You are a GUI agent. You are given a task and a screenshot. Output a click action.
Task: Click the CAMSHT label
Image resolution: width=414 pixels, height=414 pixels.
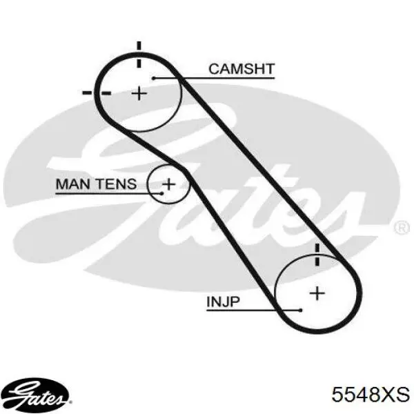[x=241, y=69]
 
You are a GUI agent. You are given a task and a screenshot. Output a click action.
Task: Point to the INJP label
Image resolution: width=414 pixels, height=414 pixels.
[x=223, y=302]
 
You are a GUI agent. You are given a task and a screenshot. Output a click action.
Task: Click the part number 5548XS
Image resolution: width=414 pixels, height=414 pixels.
[x=371, y=395]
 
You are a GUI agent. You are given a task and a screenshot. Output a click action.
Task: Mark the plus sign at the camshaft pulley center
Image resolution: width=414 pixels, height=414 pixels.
[x=139, y=93]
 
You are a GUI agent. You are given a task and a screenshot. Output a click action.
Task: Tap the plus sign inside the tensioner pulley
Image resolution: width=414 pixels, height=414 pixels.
[x=168, y=184]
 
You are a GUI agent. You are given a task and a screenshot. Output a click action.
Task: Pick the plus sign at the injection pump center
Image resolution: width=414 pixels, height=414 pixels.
[x=317, y=293]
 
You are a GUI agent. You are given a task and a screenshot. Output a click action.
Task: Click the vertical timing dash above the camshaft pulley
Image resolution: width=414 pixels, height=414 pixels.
[x=139, y=55]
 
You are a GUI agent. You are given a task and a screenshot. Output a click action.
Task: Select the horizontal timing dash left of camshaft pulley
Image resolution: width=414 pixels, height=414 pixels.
[x=97, y=93]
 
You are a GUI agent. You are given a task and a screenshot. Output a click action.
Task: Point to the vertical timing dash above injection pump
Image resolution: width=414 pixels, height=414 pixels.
[x=317, y=255]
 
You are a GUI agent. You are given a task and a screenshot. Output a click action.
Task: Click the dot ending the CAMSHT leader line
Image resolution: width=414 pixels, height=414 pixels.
[x=154, y=78]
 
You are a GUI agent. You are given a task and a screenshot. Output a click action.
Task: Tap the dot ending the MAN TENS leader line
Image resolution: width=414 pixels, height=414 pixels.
[x=162, y=193]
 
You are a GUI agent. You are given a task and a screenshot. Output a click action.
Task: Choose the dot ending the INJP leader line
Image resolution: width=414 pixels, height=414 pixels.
[x=300, y=310]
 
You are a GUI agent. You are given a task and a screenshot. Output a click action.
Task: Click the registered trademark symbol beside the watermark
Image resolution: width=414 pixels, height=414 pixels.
[x=402, y=228]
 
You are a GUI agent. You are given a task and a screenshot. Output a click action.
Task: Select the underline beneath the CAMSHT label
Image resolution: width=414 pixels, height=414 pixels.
[x=214, y=78]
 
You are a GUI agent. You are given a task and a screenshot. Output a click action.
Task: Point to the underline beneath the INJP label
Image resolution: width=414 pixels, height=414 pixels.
[x=253, y=310]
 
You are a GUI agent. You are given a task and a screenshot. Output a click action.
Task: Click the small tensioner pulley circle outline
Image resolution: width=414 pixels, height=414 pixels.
[x=148, y=184]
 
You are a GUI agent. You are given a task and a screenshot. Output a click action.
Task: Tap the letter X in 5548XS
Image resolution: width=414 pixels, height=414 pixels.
[x=385, y=395]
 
